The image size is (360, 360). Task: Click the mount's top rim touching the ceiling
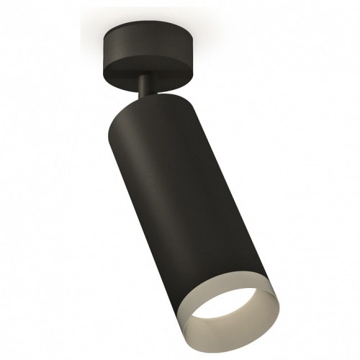click(x=155, y=30)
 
